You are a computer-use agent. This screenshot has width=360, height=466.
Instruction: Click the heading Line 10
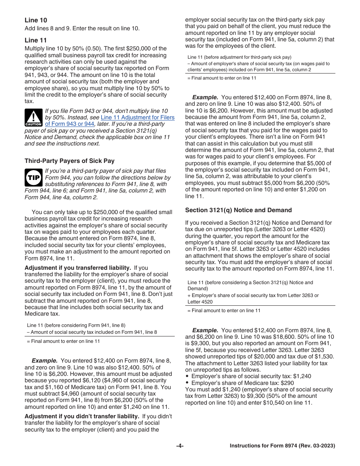tap(36, 20)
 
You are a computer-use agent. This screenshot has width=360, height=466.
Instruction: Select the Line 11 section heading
tap(36, 40)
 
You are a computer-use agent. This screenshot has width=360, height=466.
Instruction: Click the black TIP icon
tap(33, 177)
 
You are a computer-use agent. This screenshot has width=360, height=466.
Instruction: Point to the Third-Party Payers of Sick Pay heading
tap(69, 161)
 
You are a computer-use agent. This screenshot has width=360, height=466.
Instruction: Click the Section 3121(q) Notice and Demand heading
tap(238, 210)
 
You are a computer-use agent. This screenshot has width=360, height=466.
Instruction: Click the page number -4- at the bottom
tap(180, 446)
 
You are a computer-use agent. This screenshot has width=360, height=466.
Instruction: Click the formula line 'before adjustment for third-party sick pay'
tap(239, 57)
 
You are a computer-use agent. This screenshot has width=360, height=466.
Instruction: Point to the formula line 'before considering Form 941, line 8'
tap(76, 325)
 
